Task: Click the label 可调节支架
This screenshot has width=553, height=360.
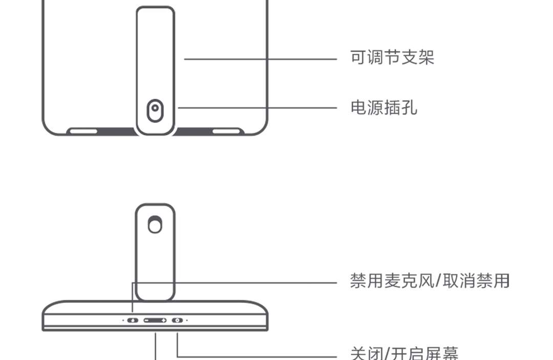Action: tap(392, 57)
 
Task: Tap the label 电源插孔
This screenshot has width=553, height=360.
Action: tap(384, 108)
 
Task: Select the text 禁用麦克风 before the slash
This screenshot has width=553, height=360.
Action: tap(392, 281)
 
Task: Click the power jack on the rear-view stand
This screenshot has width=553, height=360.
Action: tap(155, 110)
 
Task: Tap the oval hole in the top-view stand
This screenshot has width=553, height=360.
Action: tap(155, 224)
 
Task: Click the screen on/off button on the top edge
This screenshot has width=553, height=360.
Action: tap(177, 320)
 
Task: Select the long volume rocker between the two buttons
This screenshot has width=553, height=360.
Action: tap(155, 320)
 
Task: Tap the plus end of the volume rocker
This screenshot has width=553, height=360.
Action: tap(163, 320)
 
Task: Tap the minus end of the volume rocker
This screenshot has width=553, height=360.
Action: tap(147, 320)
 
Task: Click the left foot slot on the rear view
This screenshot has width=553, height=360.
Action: tap(83, 131)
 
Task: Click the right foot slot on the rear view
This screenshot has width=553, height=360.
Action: tap(227, 131)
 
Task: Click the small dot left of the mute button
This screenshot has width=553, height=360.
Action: tap(123, 320)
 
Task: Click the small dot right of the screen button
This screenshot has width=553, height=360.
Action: tap(187, 320)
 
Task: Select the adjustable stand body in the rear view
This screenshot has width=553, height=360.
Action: tap(155, 56)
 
